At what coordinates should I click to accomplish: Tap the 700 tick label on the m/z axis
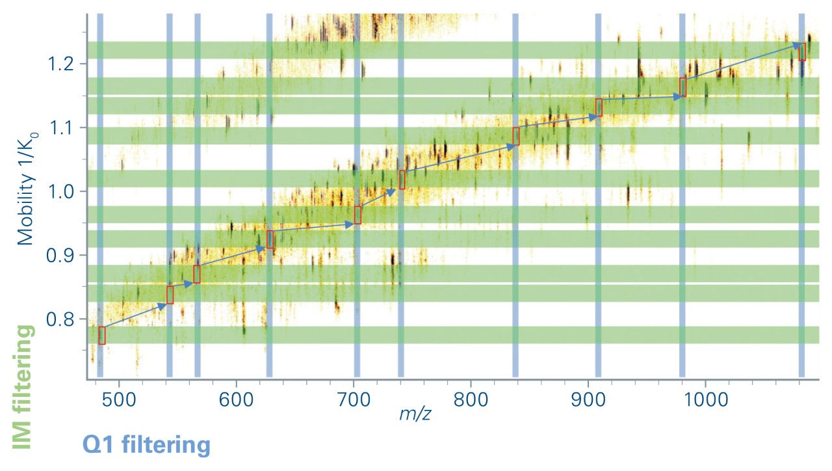tap(353, 397)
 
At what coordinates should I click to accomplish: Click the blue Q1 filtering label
tap(146, 446)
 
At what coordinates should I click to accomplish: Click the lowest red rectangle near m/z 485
tap(102, 335)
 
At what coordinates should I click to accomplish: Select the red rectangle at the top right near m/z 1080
tap(802, 51)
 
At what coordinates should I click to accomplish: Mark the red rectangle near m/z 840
tap(516, 136)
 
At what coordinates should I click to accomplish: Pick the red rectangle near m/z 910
tap(599, 107)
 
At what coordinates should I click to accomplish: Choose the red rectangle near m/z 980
tap(683, 87)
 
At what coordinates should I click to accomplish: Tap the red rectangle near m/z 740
tap(402, 180)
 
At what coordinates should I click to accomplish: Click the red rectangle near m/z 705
tap(357, 215)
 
